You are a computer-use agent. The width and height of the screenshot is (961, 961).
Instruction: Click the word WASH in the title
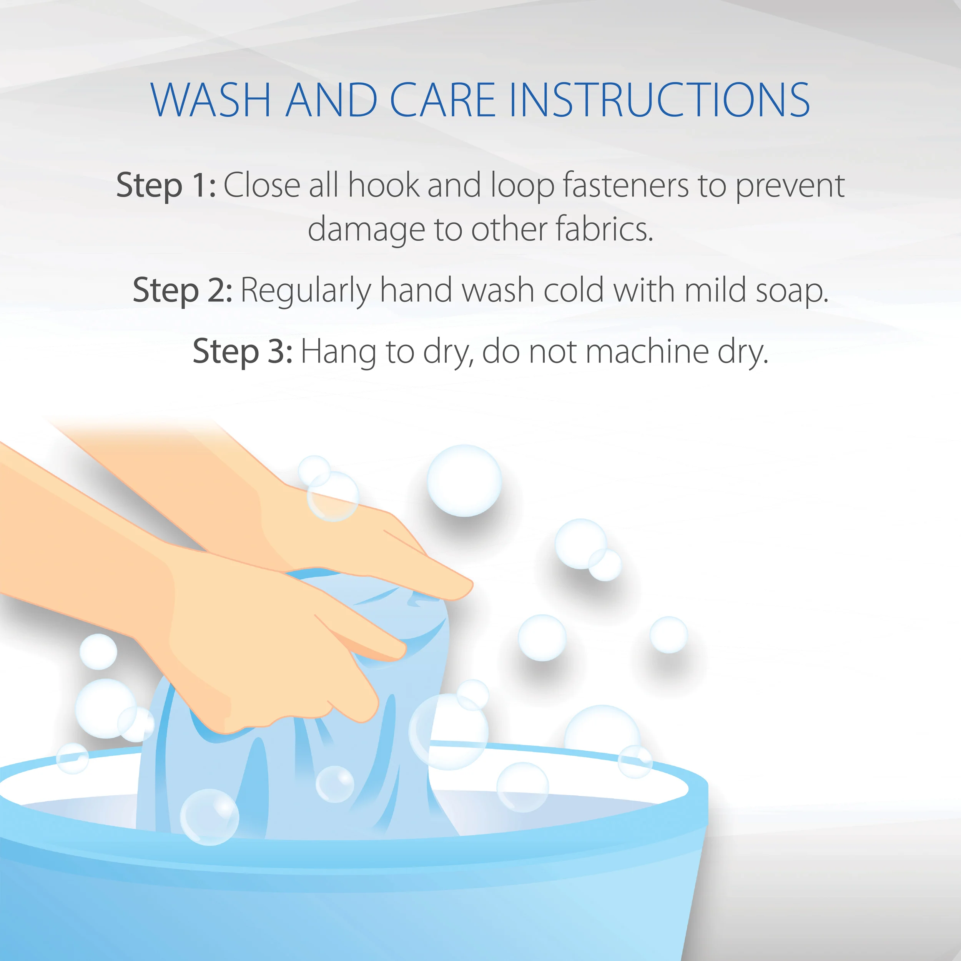[x=210, y=100]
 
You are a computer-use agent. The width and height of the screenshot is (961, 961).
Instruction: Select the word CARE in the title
[x=443, y=100]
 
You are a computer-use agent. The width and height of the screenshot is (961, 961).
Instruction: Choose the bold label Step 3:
[x=243, y=351]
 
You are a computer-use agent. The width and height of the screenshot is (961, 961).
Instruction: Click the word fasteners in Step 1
[x=626, y=185]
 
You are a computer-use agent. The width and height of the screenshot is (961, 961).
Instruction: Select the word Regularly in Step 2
[x=306, y=291]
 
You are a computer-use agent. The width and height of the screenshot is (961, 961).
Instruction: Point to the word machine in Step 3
[x=648, y=351]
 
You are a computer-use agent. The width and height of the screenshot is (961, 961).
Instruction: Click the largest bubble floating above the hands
[x=464, y=480]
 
